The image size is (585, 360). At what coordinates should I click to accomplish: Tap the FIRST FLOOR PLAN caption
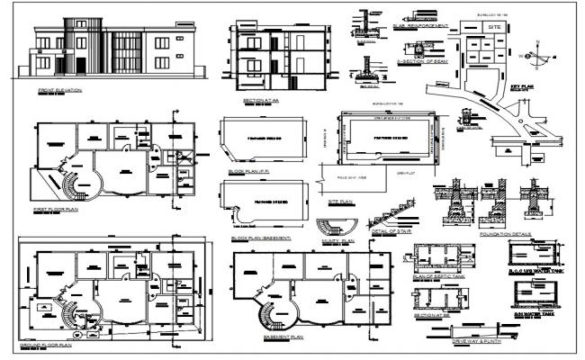(x=57, y=208)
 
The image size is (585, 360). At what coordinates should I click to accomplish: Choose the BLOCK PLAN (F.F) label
(x=248, y=170)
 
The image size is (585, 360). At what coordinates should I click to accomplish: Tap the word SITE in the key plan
(x=492, y=29)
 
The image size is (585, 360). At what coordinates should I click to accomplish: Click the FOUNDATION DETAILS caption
(x=506, y=233)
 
